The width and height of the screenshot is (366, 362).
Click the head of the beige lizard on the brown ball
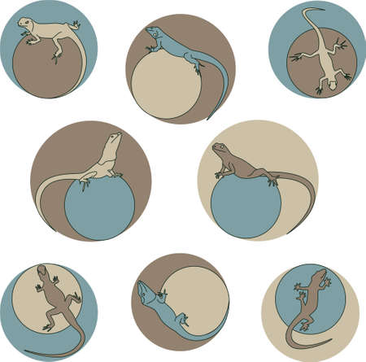point(28,23)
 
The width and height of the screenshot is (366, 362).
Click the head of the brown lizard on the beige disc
point(41,273)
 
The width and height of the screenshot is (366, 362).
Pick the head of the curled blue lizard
point(145,290)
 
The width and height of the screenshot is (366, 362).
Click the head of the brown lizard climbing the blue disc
point(323,273)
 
